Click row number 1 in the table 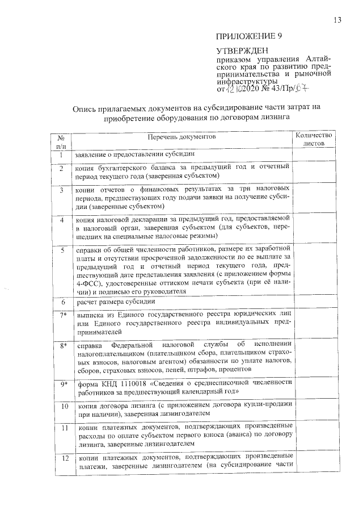[x=61, y=154]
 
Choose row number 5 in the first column [x=61, y=249]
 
